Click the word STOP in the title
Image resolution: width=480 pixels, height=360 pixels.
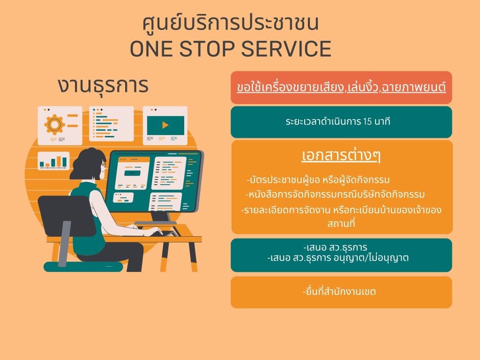point(207,49)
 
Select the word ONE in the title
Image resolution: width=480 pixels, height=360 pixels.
point(151,49)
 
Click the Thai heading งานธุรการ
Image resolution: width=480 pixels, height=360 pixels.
point(103,85)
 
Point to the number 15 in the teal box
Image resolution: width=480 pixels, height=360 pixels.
point(367,121)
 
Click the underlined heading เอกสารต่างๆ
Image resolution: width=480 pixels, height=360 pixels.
point(341,155)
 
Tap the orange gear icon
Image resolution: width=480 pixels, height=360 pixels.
point(54,125)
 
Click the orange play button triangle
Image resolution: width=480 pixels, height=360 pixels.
point(165,125)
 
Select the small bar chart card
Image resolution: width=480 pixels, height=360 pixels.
point(53,161)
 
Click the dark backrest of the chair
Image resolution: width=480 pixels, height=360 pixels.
point(66,216)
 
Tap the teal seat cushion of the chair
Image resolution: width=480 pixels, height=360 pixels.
point(83,267)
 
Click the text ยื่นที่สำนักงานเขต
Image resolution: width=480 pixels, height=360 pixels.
point(339,292)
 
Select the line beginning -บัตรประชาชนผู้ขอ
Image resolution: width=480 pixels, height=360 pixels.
point(318,180)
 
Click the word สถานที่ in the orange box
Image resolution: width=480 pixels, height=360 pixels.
point(341,223)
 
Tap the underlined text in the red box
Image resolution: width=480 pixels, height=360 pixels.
point(341,88)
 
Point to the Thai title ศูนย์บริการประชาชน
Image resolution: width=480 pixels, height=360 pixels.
point(231,23)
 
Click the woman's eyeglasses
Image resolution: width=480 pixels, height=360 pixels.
point(104,165)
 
